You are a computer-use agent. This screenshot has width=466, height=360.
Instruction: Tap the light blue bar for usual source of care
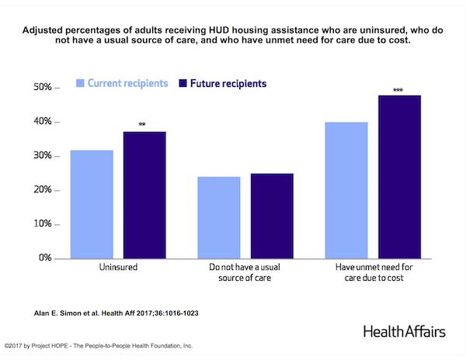(x=218, y=217)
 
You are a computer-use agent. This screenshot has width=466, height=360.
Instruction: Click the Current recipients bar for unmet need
(x=346, y=190)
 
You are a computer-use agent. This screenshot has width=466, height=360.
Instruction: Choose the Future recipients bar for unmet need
(x=398, y=177)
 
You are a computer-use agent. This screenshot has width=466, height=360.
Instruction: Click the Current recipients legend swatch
(x=78, y=81)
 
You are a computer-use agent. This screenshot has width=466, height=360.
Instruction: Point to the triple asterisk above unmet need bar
(x=398, y=91)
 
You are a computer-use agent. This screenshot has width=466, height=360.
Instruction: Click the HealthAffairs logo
(x=404, y=331)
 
